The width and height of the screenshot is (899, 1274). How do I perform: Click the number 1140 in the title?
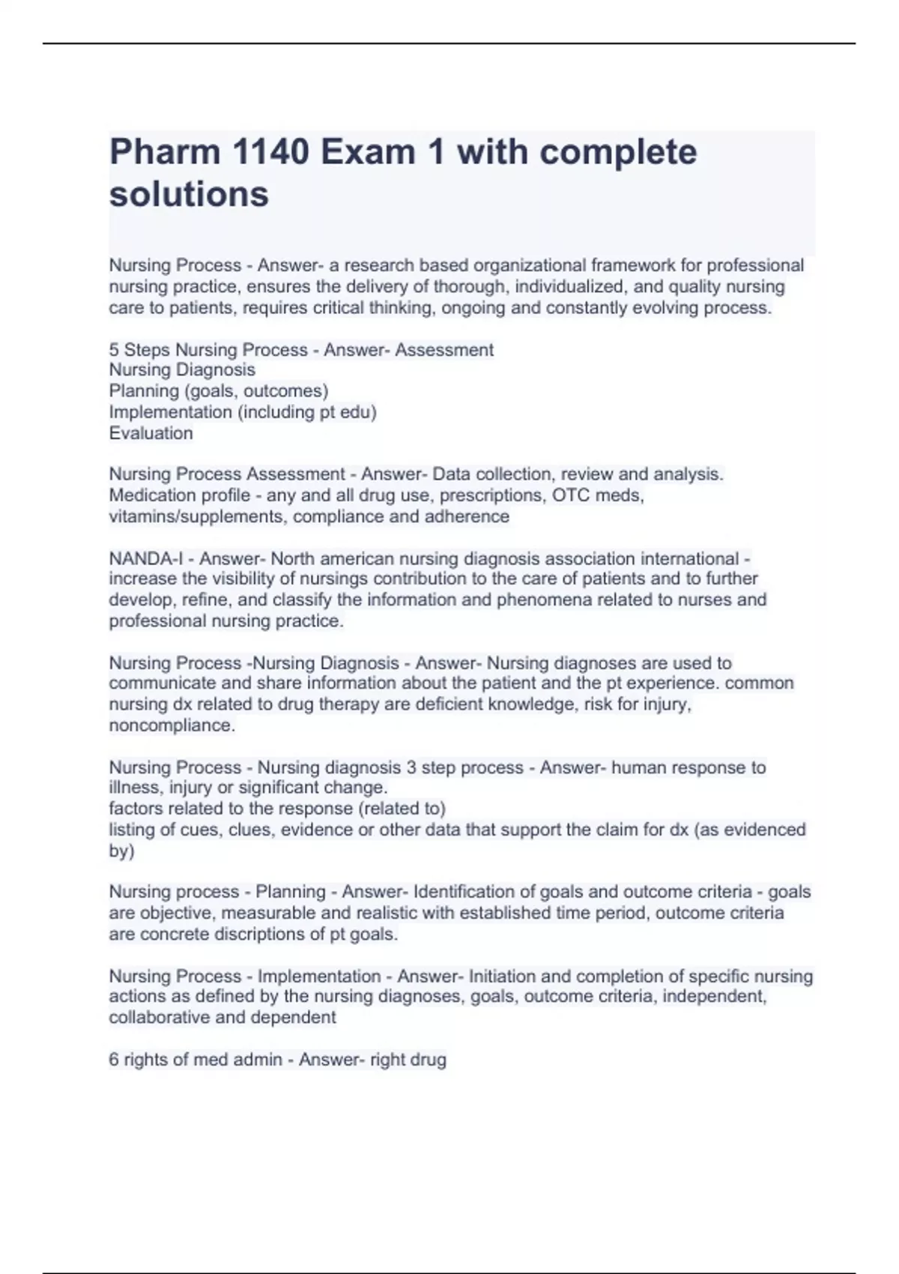(x=270, y=152)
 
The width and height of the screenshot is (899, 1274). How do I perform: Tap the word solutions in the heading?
(x=189, y=194)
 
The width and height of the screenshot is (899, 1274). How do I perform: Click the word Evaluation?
(x=151, y=433)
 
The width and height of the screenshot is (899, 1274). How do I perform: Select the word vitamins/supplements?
(x=199, y=516)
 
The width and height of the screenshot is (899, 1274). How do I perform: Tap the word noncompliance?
(x=172, y=725)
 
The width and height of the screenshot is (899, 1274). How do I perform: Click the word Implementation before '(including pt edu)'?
(x=170, y=412)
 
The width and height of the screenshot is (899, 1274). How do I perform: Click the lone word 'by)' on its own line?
(x=121, y=851)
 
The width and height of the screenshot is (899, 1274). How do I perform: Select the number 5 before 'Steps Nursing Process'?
(x=114, y=350)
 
